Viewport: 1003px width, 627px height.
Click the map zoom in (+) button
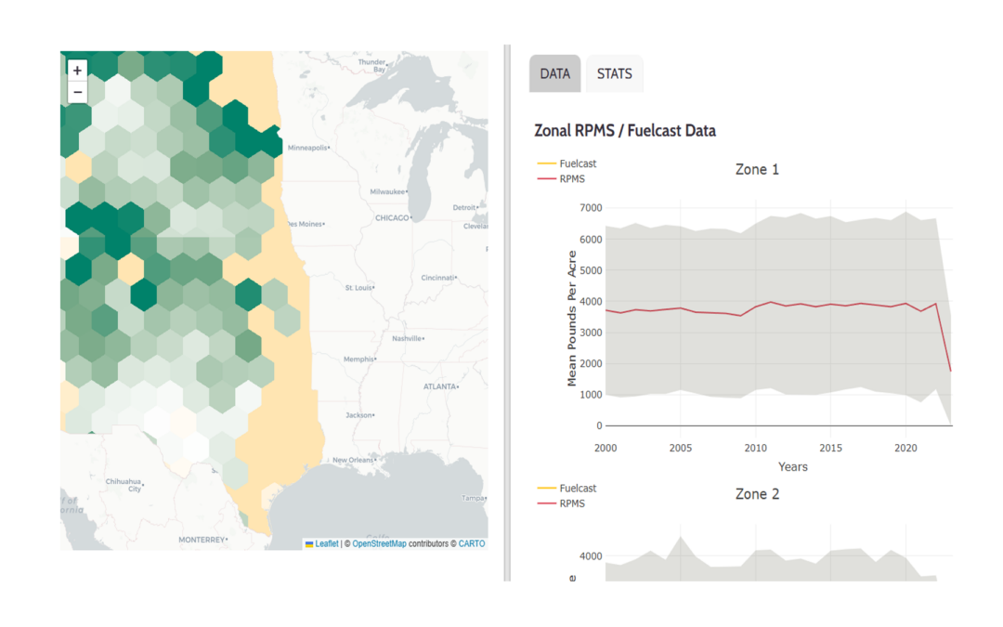(x=77, y=70)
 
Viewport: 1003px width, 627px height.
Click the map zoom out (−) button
(x=77, y=92)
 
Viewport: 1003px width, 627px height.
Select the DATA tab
(x=554, y=73)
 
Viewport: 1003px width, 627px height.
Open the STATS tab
(x=614, y=73)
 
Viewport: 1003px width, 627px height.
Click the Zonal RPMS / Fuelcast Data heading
(x=625, y=131)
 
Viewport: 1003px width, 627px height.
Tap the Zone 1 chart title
(x=757, y=169)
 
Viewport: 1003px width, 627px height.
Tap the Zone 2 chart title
(x=757, y=494)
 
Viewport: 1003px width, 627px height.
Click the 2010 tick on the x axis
(x=755, y=448)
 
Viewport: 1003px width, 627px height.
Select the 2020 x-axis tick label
(x=905, y=448)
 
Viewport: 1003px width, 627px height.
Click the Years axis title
(x=793, y=466)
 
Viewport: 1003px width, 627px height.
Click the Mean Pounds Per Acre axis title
(x=572, y=319)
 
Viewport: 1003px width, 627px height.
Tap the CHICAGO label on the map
(x=392, y=218)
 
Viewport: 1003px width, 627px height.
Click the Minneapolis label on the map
(x=308, y=148)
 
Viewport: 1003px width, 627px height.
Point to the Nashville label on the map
(x=407, y=339)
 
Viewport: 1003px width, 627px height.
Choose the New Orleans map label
(x=352, y=461)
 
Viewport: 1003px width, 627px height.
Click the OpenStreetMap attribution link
(x=379, y=544)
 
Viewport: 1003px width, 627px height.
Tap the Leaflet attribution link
(x=326, y=544)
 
